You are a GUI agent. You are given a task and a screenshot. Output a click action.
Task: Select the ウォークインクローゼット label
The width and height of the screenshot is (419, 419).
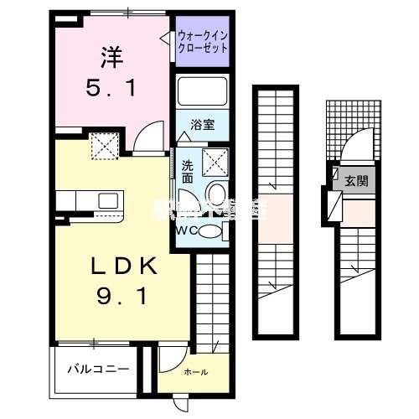[204, 41]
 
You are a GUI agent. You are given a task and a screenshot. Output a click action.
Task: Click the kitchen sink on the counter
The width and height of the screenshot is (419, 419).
[108, 201]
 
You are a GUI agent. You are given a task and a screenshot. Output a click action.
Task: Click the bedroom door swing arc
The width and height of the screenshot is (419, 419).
[149, 135]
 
